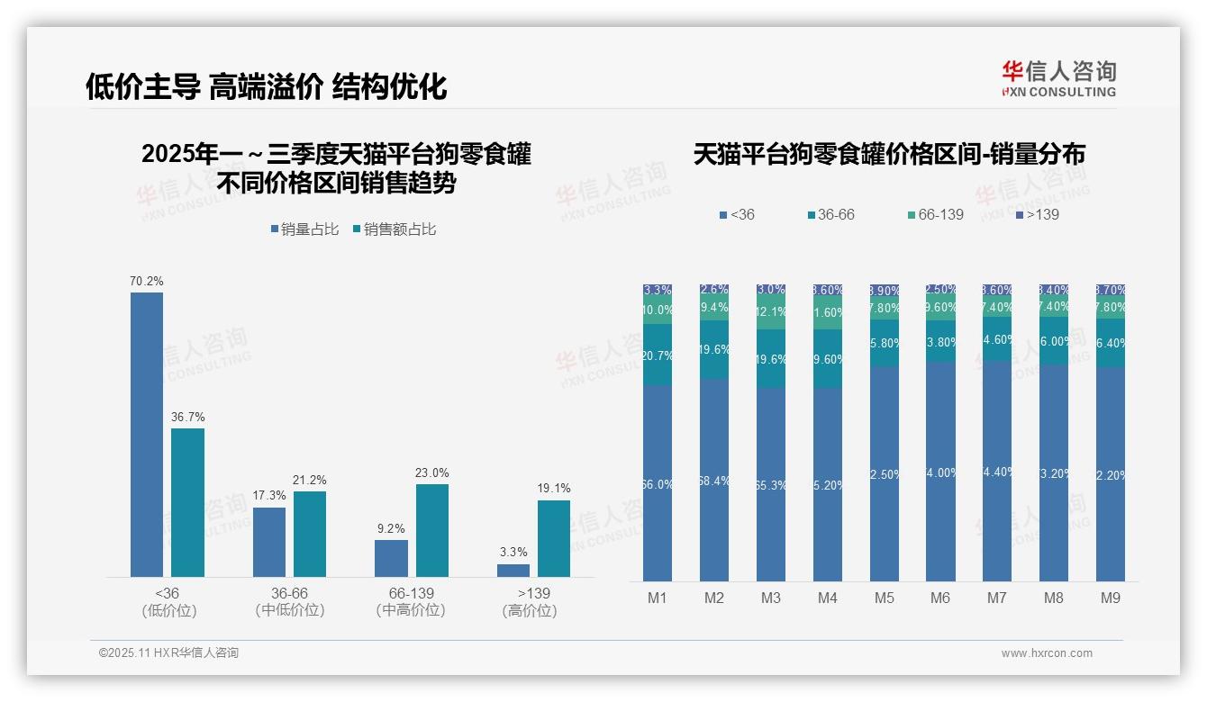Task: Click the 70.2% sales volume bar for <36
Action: (147, 434)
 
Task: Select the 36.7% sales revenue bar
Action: (187, 502)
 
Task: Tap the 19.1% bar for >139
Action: (554, 538)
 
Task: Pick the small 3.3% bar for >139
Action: (513, 570)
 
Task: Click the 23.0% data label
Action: (432, 473)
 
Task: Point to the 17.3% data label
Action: (269, 496)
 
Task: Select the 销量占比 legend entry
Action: (304, 229)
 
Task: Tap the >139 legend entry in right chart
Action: (1037, 215)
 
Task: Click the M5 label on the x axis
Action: (884, 598)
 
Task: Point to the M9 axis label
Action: (1110, 598)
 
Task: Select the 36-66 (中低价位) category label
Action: (290, 601)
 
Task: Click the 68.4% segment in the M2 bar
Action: (714, 480)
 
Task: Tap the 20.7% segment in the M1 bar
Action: (658, 355)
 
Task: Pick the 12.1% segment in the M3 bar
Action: (771, 313)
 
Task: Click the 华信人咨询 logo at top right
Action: (1058, 78)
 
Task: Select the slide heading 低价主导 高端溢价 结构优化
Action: (267, 86)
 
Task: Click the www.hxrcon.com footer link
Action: (1047, 653)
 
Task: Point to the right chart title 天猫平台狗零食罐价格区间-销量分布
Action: (889, 154)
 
